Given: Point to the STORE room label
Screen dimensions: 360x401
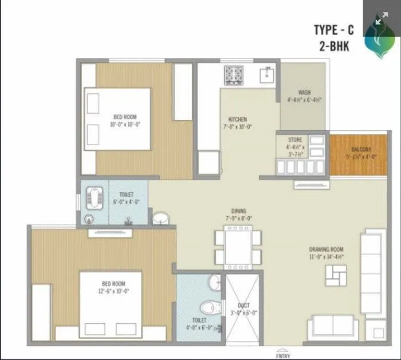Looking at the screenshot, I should [x=294, y=139].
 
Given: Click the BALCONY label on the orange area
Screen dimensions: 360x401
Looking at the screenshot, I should [x=361, y=150].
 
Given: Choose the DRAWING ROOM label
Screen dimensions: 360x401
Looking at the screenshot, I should [x=326, y=249].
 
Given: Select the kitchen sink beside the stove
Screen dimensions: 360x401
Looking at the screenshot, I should [x=266, y=75].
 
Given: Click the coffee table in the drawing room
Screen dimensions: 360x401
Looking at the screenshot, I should [x=332, y=276].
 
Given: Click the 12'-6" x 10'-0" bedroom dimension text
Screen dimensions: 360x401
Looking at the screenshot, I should [x=113, y=291].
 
